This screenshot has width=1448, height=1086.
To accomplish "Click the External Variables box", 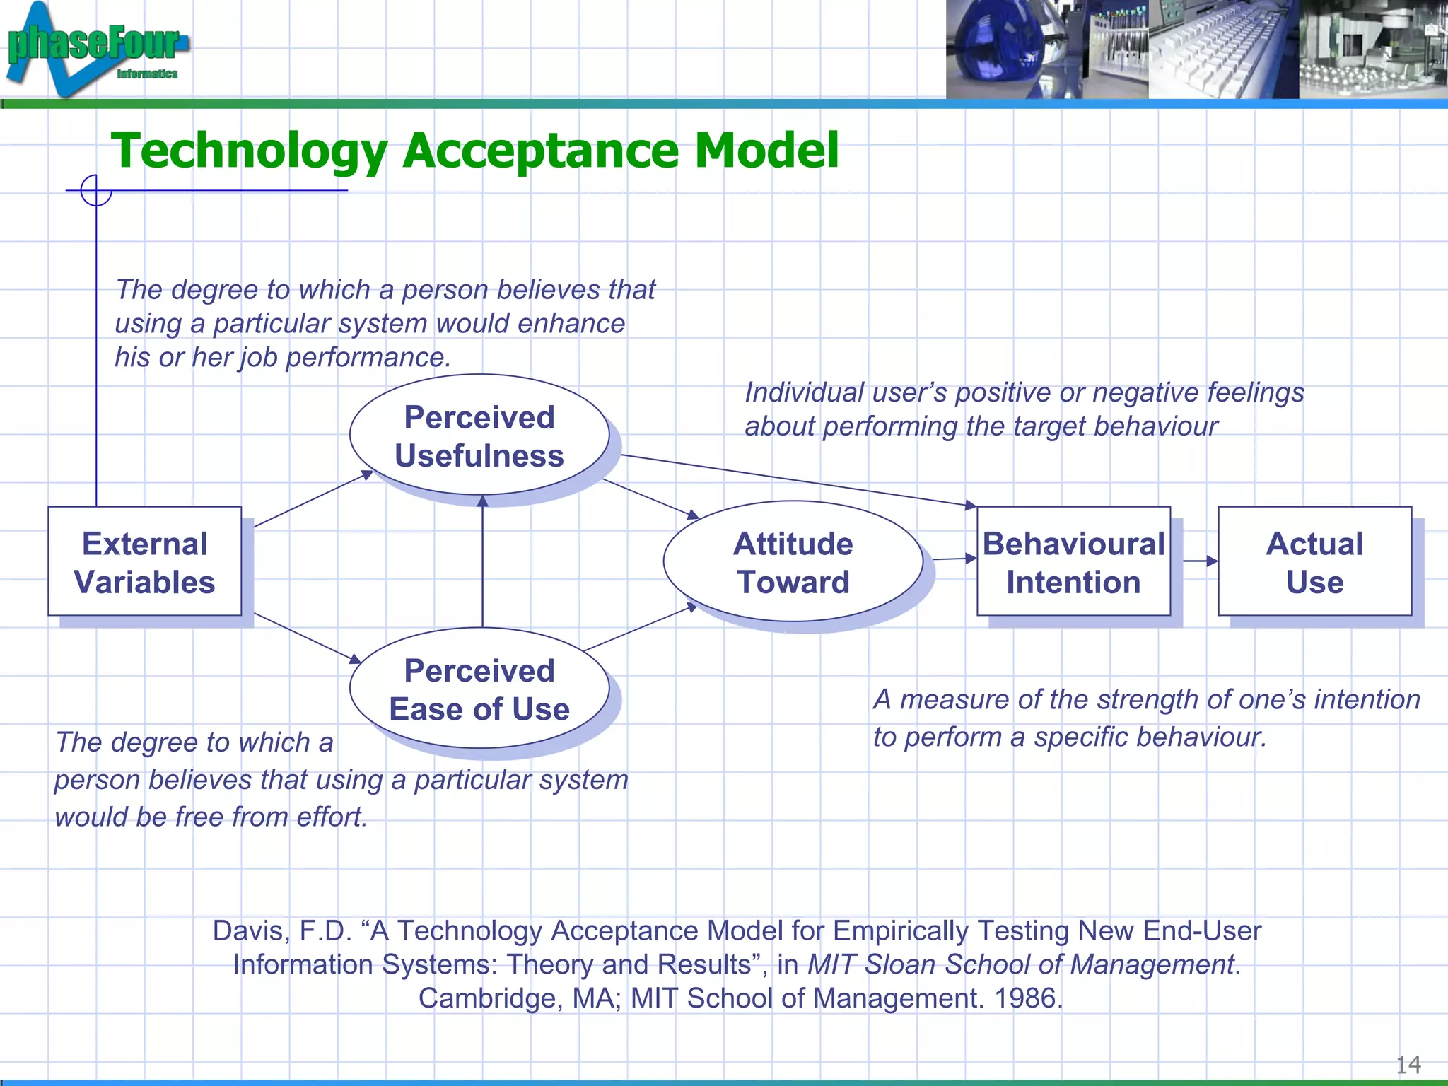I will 144,561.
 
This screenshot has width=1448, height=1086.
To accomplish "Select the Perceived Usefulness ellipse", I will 479,436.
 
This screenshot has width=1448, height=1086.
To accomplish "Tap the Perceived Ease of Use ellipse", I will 479,689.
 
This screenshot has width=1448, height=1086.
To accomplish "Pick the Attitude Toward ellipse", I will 793,562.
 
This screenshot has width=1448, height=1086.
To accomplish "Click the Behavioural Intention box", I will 1073,561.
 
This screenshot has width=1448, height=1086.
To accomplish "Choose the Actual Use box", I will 1314,561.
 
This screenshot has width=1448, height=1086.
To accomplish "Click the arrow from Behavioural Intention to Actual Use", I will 1200,561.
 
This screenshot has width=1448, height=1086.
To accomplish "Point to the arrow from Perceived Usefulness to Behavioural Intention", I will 799,480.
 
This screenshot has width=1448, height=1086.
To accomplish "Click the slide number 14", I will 1408,1064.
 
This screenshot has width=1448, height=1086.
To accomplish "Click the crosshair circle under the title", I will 96,190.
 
